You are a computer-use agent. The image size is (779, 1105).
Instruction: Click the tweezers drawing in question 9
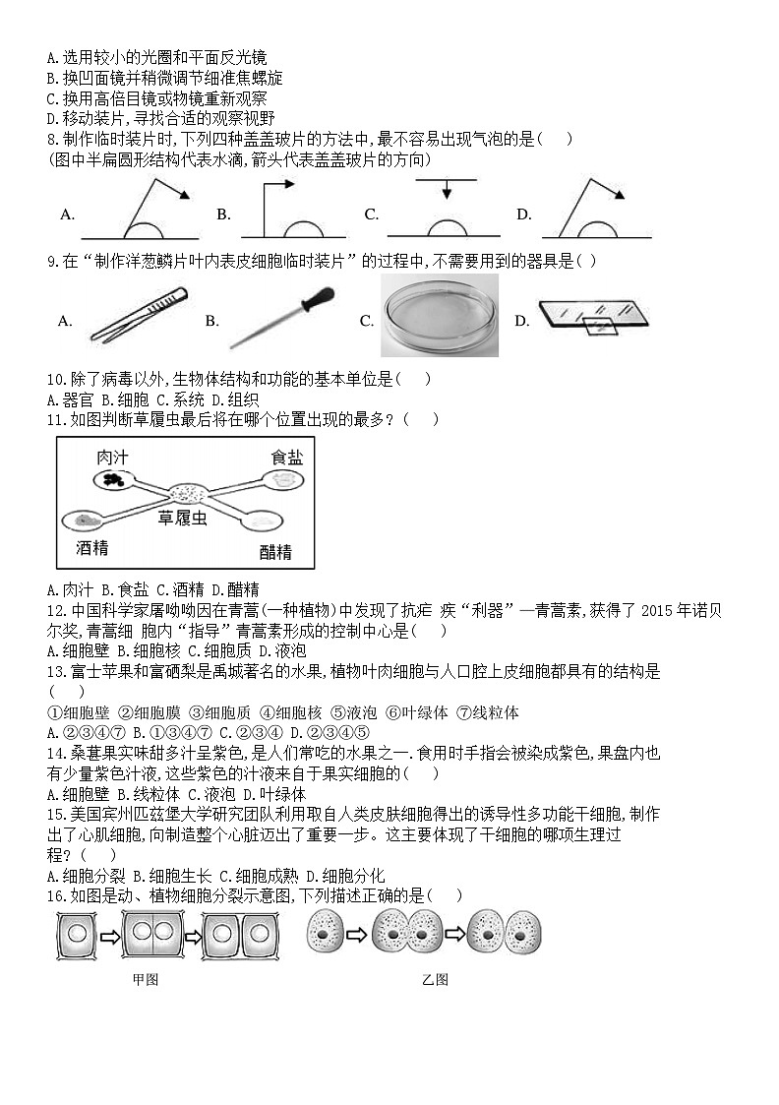coord(137,315)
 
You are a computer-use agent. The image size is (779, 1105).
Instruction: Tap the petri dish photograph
coord(439,315)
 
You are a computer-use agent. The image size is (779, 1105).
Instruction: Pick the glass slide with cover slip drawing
coord(592,316)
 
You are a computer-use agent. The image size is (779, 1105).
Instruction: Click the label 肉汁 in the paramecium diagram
coord(111,458)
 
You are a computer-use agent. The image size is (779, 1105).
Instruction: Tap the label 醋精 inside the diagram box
coord(275,551)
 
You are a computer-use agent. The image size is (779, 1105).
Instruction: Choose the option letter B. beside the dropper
coord(211,321)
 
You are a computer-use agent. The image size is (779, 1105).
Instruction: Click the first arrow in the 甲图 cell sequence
coord(109,936)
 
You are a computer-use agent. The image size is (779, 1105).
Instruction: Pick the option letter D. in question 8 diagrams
coord(524,215)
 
